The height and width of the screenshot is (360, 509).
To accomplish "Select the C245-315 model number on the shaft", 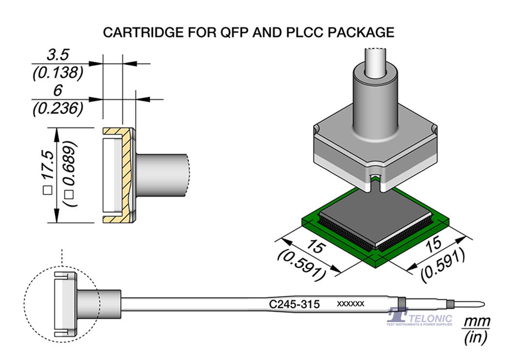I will (x=294, y=305).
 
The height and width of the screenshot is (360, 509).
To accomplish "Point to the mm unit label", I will (x=477, y=321).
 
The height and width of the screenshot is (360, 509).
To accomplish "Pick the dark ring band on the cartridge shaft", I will (x=401, y=304).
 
